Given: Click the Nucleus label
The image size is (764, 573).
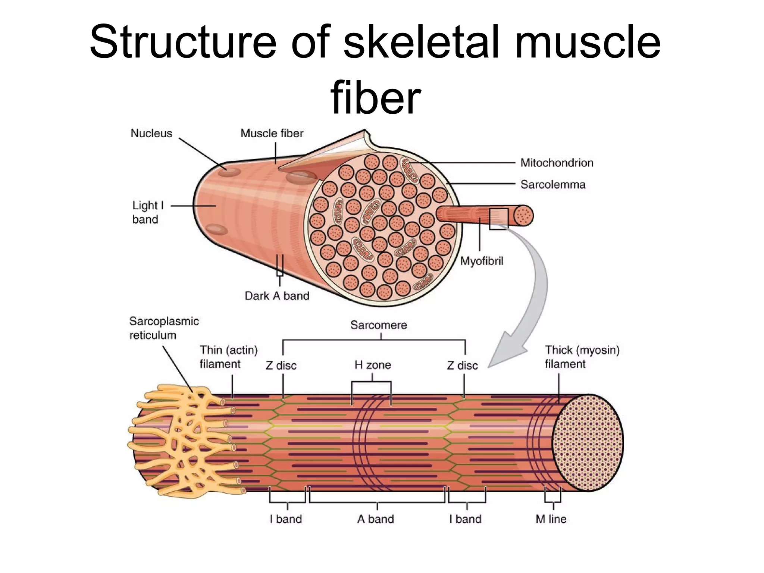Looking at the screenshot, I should point(151,133).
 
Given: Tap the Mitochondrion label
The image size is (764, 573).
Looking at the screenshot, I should point(557,163).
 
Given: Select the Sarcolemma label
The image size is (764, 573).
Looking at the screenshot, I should point(553,184).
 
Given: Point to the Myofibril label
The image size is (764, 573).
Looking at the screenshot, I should point(481,261).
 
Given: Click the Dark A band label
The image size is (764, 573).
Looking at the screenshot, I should point(277,296).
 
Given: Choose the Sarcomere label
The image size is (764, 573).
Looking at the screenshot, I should point(378,325).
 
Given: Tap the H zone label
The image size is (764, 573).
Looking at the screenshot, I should point(373,364).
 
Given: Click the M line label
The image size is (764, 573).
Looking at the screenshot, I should point(551,519).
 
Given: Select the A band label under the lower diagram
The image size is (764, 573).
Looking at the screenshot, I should point(375,519).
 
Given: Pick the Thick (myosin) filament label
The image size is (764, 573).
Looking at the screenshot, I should point(582,357).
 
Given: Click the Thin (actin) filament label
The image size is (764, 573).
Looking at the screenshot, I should point(228,357).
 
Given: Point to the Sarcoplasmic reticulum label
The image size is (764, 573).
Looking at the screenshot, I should point(164,328).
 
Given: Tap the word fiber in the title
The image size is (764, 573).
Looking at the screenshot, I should point(375,98).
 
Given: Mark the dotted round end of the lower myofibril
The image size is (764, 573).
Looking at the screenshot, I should point(587,443).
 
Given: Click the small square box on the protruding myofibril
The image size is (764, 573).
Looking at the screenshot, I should point(498,219).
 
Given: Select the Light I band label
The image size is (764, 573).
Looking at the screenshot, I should point(147,212).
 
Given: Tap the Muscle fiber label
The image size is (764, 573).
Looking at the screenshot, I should point(272,133).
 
